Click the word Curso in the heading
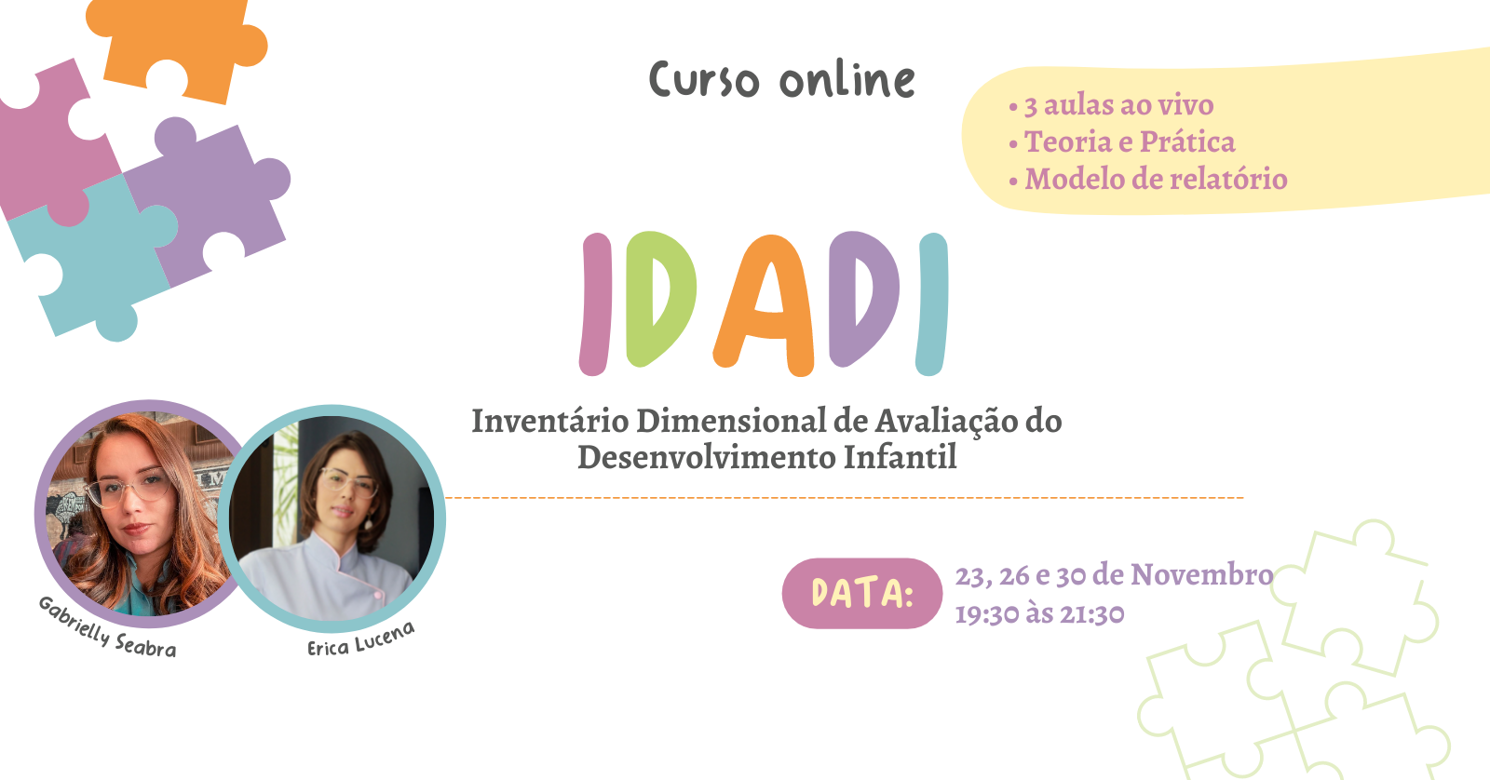(x=704, y=80)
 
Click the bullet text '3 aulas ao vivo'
(x=1118, y=105)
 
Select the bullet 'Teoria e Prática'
(x=1130, y=141)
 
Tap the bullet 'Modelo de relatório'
(x=1156, y=179)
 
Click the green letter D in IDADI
(x=660, y=299)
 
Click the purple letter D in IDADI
(x=864, y=299)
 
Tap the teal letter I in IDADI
(x=932, y=303)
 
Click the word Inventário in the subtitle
(x=550, y=421)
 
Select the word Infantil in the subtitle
(x=900, y=457)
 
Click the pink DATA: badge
(x=862, y=593)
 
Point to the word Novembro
(x=1202, y=574)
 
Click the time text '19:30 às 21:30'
(x=1039, y=613)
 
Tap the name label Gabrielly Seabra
(x=107, y=627)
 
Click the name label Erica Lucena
(x=361, y=639)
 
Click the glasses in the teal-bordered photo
(x=348, y=483)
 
